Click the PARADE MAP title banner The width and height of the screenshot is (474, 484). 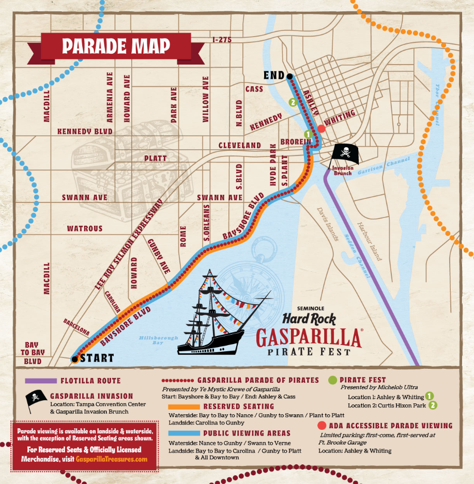[116, 46]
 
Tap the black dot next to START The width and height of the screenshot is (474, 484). [75, 358]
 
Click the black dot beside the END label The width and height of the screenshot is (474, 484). [289, 76]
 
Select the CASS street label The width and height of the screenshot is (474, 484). [254, 89]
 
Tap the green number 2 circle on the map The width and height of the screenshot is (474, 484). [293, 102]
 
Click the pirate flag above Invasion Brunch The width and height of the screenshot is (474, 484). [344, 152]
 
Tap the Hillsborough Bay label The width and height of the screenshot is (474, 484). [158, 340]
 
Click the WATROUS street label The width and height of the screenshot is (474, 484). [85, 228]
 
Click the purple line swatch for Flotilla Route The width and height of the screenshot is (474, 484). [40, 381]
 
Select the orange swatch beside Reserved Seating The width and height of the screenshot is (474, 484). [180, 407]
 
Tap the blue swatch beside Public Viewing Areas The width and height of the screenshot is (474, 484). [180, 433]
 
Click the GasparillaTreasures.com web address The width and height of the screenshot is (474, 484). [111, 459]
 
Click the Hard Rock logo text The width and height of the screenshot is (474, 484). [309, 319]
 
